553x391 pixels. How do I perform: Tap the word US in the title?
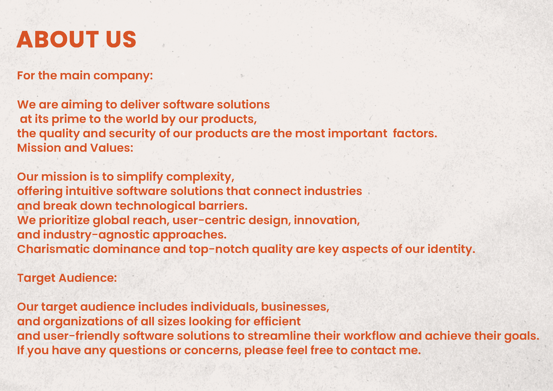[x=121, y=39]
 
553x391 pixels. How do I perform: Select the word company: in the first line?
[x=123, y=76]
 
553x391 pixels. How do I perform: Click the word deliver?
[x=140, y=104]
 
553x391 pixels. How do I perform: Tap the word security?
[x=132, y=134]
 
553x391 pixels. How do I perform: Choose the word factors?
[x=415, y=133]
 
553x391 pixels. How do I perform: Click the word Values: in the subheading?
[x=112, y=148]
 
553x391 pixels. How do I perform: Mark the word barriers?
[x=223, y=206]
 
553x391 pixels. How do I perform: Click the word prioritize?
[x=64, y=221]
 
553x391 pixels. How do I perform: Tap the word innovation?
[x=327, y=220]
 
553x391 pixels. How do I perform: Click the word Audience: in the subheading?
[x=88, y=278]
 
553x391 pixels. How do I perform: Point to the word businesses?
[x=295, y=307]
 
